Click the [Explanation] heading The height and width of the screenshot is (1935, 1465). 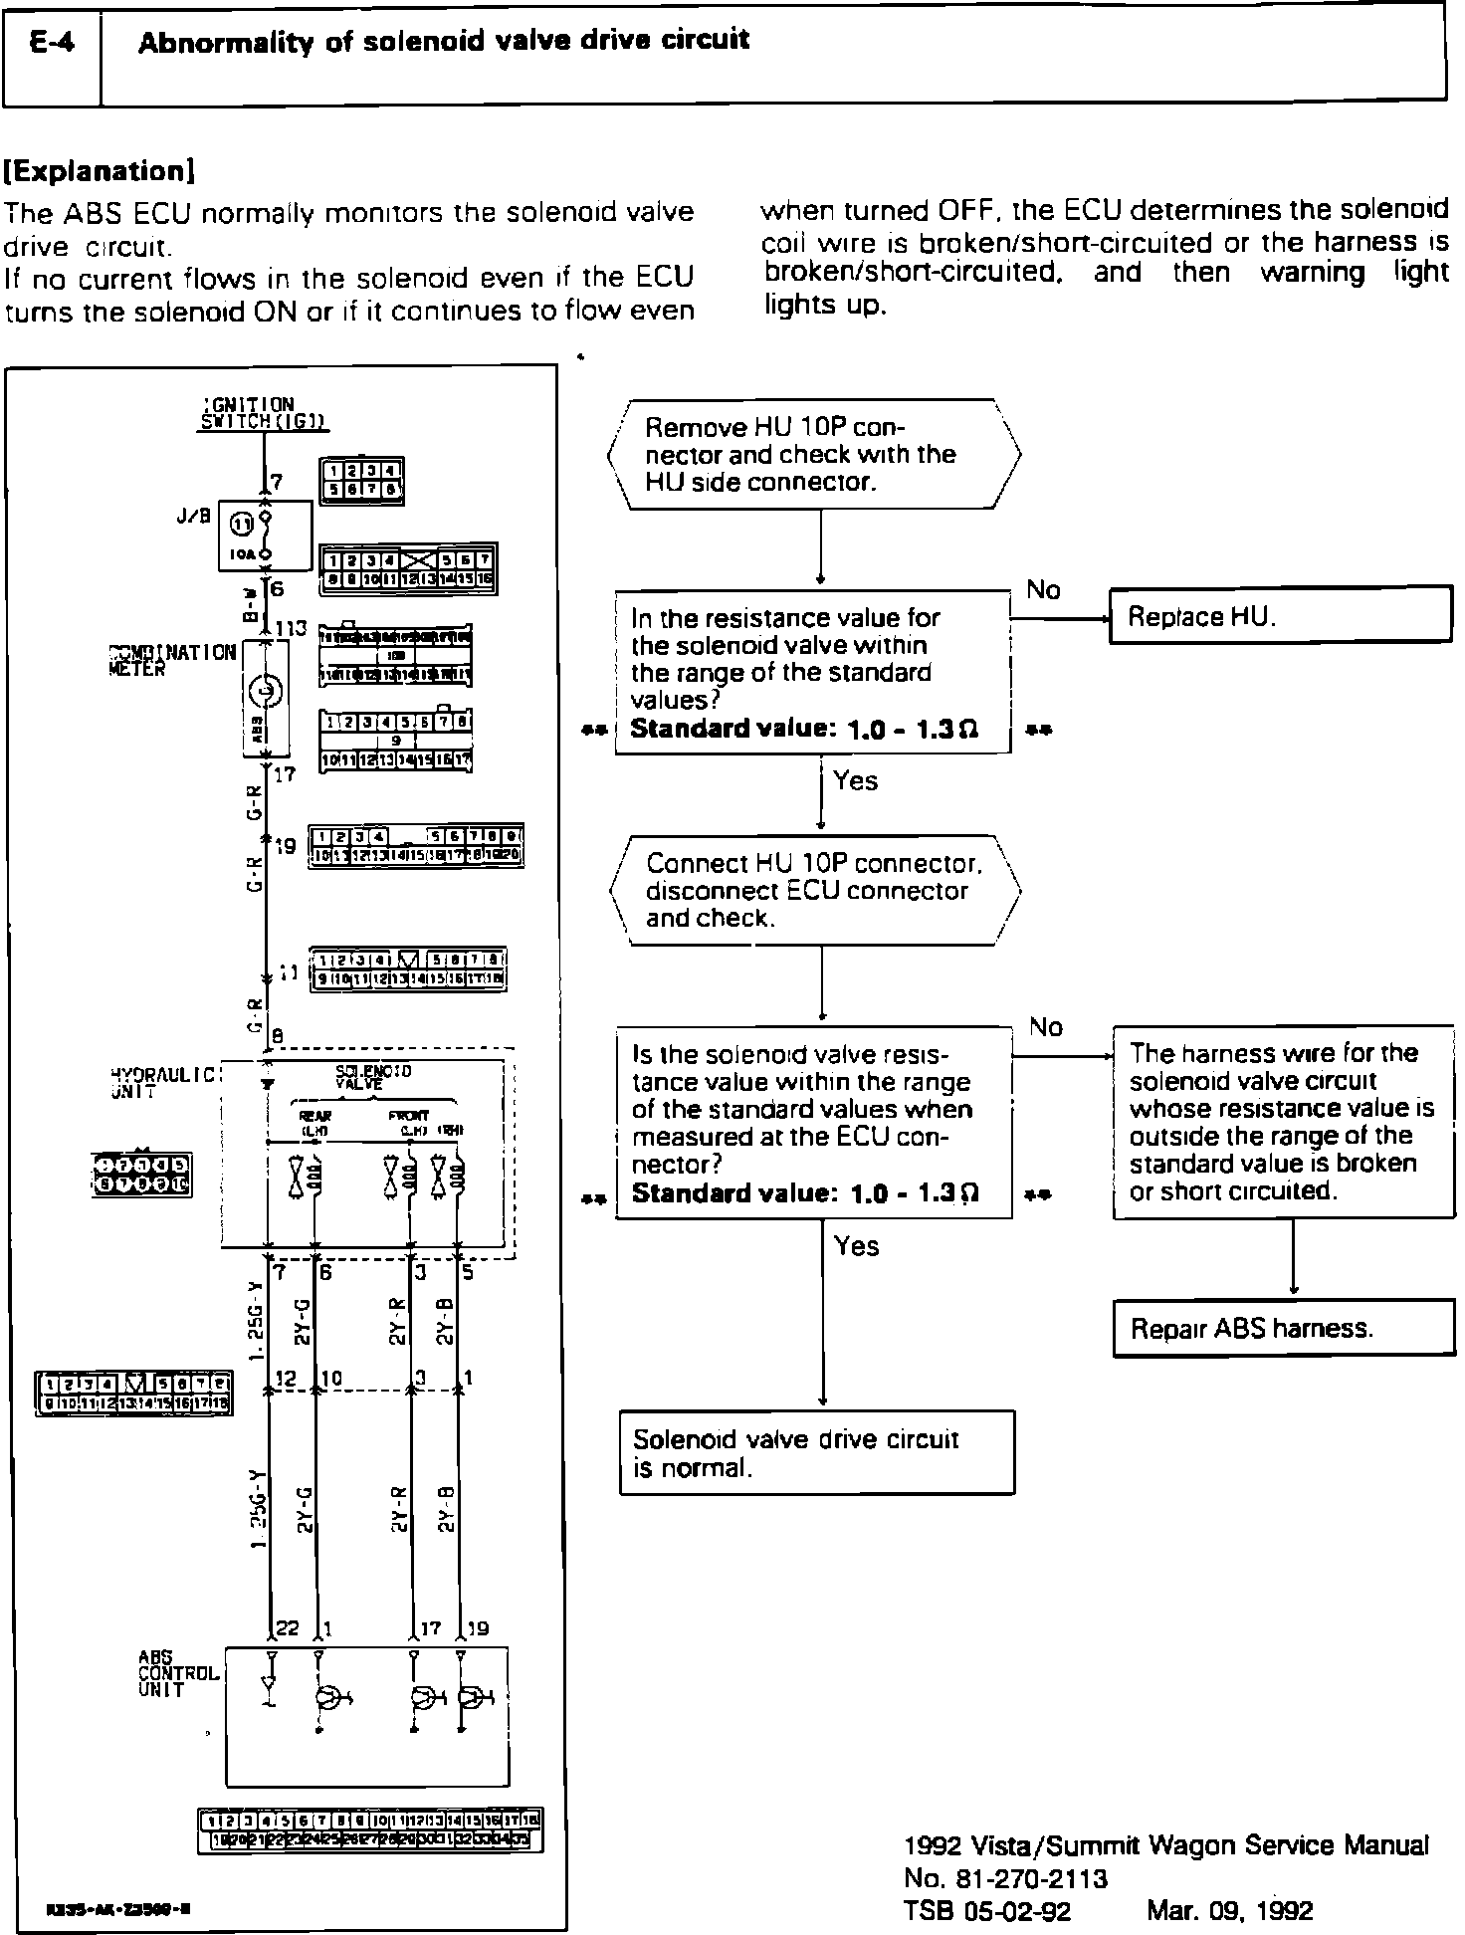(x=100, y=171)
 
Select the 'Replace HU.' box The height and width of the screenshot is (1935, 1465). (x=1280, y=616)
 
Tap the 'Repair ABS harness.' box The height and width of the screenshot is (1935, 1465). (x=1283, y=1328)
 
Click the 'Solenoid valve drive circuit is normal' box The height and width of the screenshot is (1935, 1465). (x=816, y=1452)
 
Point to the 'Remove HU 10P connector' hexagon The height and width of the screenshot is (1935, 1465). (x=814, y=455)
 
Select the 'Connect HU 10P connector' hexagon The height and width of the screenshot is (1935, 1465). (x=814, y=890)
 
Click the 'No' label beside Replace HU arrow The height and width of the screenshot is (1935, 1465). (x=1043, y=590)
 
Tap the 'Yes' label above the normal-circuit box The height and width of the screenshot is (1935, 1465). (x=856, y=1245)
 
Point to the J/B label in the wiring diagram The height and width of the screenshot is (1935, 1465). (x=193, y=517)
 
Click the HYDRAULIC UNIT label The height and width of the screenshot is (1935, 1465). (x=163, y=1083)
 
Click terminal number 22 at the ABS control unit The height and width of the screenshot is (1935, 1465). (x=287, y=1629)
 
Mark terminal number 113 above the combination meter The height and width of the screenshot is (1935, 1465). (x=290, y=629)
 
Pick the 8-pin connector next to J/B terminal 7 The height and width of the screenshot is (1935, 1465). (x=361, y=481)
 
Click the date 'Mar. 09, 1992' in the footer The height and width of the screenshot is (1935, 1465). (x=1229, y=1910)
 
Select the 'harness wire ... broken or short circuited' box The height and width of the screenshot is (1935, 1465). (x=1283, y=1122)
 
